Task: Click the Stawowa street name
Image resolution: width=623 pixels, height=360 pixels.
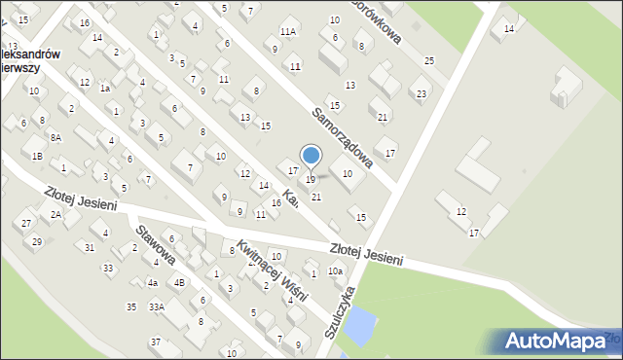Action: (x=156, y=246)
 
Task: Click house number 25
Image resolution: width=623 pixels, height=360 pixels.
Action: (x=428, y=61)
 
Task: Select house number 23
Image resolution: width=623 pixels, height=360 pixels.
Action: (x=421, y=93)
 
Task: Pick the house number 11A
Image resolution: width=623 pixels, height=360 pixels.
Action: (x=287, y=32)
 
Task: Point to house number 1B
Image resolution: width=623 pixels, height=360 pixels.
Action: (x=37, y=156)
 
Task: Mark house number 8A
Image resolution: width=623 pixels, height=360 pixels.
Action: (x=55, y=138)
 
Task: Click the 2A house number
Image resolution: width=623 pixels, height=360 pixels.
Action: (x=56, y=214)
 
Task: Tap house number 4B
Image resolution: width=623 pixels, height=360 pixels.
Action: (x=179, y=283)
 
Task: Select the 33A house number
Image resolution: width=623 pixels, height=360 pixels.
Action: (x=156, y=307)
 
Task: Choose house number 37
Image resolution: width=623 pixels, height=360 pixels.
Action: (x=155, y=342)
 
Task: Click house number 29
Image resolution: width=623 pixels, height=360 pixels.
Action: (x=37, y=241)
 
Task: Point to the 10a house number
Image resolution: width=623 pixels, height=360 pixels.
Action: (x=335, y=271)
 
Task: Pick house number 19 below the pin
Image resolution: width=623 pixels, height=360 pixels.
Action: (x=311, y=180)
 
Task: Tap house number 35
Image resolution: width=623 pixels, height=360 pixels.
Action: (x=131, y=307)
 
